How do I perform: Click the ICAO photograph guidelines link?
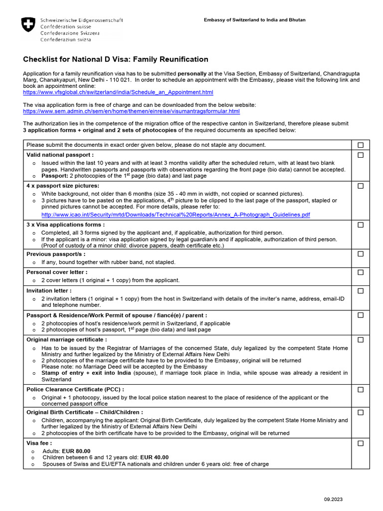click(x=176, y=215)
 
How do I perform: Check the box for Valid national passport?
click(x=361, y=155)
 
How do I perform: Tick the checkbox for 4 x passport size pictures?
click(x=361, y=186)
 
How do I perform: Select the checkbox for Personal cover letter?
click(x=361, y=272)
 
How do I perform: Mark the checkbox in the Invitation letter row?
click(x=361, y=290)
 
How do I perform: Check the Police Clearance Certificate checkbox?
click(x=361, y=389)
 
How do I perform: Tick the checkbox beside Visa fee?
click(x=361, y=443)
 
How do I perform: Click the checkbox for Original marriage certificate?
click(x=361, y=340)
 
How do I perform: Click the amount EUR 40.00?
click(x=154, y=457)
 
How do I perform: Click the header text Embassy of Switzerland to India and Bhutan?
click(x=254, y=20)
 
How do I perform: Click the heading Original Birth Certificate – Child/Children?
click(x=84, y=412)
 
